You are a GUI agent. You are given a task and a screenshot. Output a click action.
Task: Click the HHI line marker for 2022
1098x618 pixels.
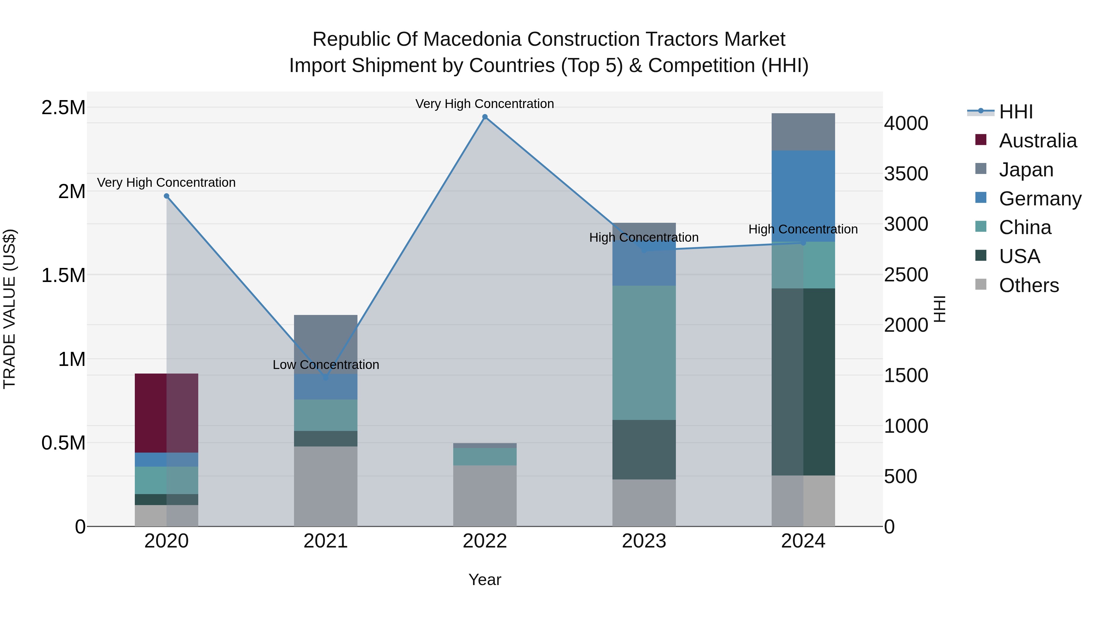click(485, 117)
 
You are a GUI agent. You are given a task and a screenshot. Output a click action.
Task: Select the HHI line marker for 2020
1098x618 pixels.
click(167, 196)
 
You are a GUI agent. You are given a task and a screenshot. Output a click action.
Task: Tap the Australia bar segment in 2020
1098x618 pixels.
click(166, 413)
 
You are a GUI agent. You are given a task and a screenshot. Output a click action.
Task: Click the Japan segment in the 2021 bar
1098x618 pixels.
click(326, 344)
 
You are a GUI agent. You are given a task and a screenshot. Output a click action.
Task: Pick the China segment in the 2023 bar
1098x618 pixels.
click(644, 353)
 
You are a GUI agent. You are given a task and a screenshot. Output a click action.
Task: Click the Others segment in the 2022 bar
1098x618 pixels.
click(485, 496)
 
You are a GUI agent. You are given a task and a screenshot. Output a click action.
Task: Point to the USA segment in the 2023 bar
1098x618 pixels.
click(644, 450)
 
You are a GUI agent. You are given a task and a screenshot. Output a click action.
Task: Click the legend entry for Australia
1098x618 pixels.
click(1038, 141)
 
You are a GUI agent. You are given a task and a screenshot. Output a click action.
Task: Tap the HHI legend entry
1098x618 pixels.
click(1016, 112)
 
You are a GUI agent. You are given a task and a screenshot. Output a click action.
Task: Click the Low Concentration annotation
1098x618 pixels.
click(326, 365)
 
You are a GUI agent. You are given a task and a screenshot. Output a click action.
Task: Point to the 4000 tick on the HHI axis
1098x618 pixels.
click(906, 123)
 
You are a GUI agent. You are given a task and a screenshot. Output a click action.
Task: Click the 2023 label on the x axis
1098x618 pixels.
click(644, 541)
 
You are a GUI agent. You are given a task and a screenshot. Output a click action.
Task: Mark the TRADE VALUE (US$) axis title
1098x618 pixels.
click(9, 309)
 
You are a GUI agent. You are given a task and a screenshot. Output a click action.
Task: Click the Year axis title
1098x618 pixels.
click(485, 580)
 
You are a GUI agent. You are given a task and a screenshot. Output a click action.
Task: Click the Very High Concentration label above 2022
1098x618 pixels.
click(485, 104)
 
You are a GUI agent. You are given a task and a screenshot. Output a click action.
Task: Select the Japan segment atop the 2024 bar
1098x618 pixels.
click(803, 132)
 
